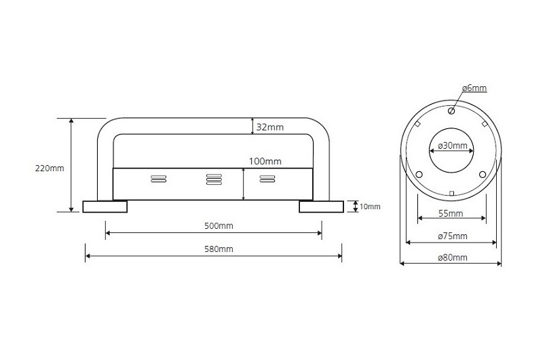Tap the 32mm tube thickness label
pos(269,126)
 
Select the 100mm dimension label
pos(265,162)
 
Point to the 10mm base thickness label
pos(370,206)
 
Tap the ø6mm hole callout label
pos(474,88)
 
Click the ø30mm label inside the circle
pos(452,145)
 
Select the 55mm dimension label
pos(451,213)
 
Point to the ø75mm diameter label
pos(452,236)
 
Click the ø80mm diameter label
pos(452,257)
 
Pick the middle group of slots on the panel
pos(213,179)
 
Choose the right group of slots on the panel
pos(267,179)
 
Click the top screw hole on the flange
pos(451,110)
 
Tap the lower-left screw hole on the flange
pos(419,175)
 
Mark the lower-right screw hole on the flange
pos(483,175)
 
